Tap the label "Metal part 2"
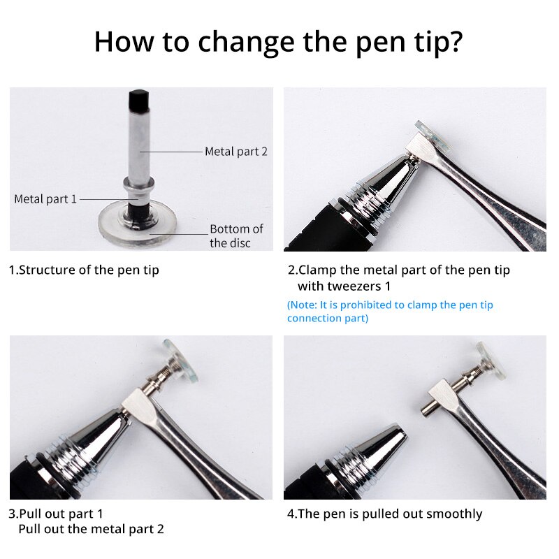(x=235, y=151)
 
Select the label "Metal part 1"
(x=45, y=199)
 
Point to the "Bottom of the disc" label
(x=236, y=236)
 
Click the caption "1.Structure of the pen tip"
(x=84, y=270)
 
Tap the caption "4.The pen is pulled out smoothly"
(x=384, y=514)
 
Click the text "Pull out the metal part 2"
(x=91, y=529)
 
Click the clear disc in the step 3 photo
(x=180, y=362)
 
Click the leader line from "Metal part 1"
(x=102, y=199)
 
